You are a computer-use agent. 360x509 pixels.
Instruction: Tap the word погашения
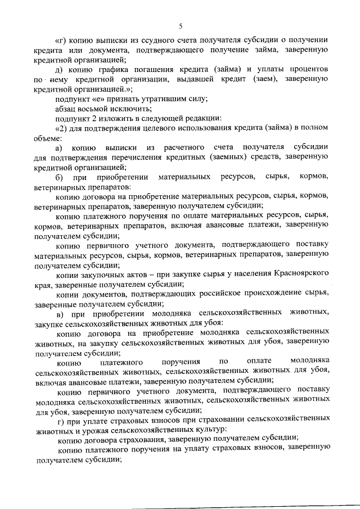155,69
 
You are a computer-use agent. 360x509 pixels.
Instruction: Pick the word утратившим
155,99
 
